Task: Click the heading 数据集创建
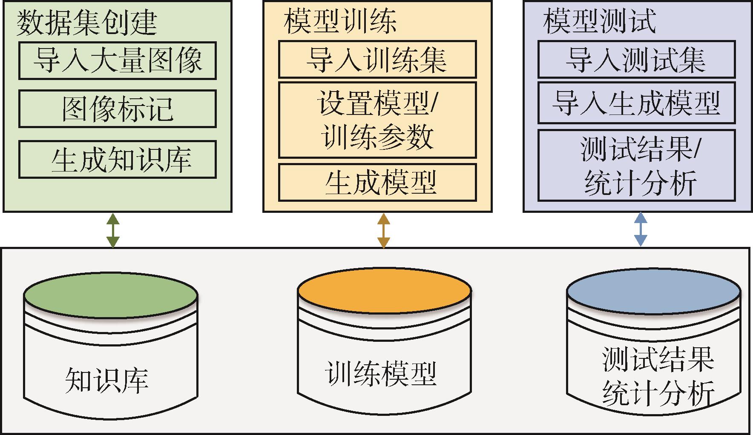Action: click(x=87, y=23)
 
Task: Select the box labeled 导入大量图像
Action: click(x=118, y=60)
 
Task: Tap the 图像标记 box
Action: click(x=118, y=109)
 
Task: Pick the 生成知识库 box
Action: click(x=118, y=160)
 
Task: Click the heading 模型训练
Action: click(x=340, y=21)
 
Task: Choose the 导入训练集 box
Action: click(x=377, y=60)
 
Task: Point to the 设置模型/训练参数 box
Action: click(x=377, y=120)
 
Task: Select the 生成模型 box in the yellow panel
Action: click(x=377, y=183)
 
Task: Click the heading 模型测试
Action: click(x=600, y=21)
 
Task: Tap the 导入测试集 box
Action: click(x=637, y=60)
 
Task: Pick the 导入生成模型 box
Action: click(x=637, y=103)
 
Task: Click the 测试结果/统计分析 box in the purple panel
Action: click(x=637, y=165)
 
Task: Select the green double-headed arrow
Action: click(x=113, y=230)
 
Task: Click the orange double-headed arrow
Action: click(x=383, y=230)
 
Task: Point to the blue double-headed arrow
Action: click(x=641, y=229)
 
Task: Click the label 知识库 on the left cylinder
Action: click(x=107, y=380)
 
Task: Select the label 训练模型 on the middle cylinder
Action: click(x=380, y=373)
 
